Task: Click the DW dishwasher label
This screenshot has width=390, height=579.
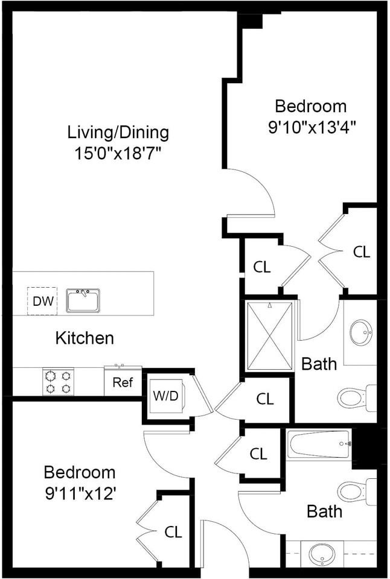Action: tap(43, 301)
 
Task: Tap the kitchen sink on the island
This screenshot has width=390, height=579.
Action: tap(83, 300)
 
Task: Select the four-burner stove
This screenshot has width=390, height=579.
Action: tap(58, 381)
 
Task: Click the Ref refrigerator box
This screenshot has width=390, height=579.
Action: tap(123, 382)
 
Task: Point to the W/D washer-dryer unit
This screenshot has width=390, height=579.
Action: tap(166, 396)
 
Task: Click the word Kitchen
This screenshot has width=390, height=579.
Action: tap(85, 338)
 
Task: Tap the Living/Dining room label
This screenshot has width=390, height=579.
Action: tap(118, 132)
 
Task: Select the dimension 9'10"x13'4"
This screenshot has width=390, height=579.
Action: tap(312, 127)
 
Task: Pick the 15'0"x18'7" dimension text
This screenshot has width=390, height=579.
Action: tap(118, 153)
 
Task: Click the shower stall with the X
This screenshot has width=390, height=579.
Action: tap(270, 336)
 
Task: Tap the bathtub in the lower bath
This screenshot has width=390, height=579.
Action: tap(319, 445)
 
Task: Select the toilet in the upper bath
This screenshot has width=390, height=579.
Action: tap(357, 398)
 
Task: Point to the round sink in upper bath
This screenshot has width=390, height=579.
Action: tap(361, 332)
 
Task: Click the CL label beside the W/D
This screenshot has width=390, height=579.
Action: tap(265, 399)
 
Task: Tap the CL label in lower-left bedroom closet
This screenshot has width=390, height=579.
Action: tap(173, 532)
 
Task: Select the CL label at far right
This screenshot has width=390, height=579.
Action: tap(362, 252)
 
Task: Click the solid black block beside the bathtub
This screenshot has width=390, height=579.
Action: tap(365, 448)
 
